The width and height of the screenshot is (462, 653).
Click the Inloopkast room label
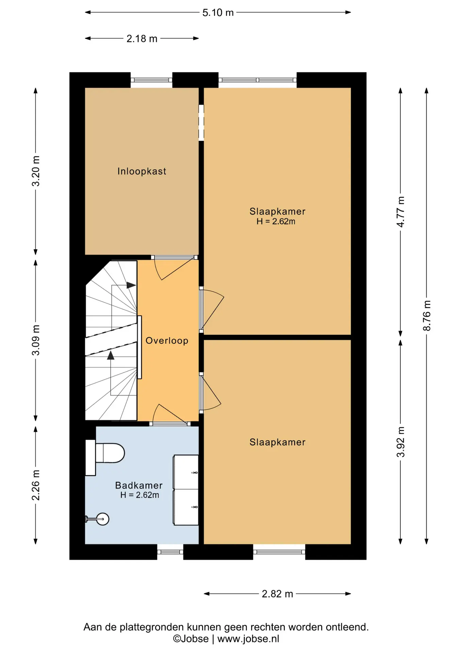[x=142, y=171]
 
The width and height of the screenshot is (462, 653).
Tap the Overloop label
[x=167, y=340]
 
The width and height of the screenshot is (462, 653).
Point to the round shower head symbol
[x=102, y=519]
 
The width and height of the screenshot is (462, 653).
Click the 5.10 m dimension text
[x=218, y=13]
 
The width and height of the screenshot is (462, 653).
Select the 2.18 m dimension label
[x=142, y=39]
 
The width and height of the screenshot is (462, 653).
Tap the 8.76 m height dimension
[x=427, y=316]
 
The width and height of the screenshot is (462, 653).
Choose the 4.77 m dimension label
[x=401, y=212]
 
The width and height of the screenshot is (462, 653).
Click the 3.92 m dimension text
[x=401, y=442]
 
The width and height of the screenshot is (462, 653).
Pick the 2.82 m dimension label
[x=277, y=594]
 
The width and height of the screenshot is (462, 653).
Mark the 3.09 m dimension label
[x=36, y=340]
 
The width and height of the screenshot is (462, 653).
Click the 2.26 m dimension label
[x=36, y=485]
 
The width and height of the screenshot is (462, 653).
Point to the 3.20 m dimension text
[x=36, y=171]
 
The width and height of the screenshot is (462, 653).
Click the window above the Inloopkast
[x=151, y=80]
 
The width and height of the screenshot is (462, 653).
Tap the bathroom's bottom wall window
[x=170, y=552]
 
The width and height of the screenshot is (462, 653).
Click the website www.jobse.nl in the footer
[x=248, y=639]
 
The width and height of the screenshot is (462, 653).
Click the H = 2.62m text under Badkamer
[x=139, y=495]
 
